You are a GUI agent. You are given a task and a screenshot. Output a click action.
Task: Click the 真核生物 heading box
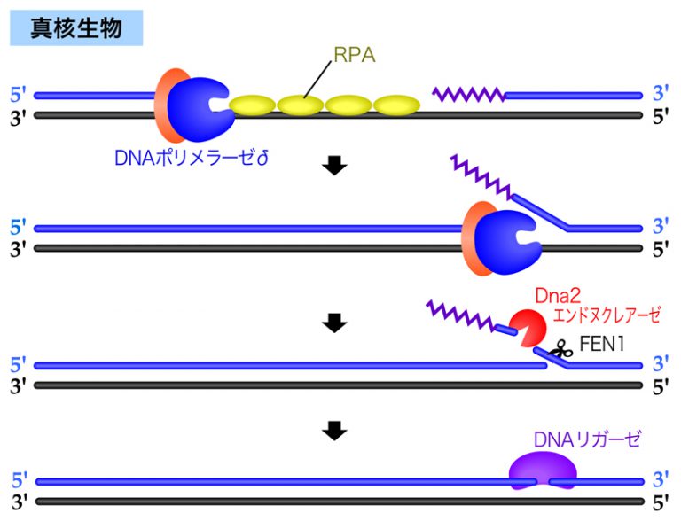[75, 29]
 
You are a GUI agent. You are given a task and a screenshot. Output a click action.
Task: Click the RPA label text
[355, 56]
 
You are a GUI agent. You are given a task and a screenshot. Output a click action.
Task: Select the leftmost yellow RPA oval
[253, 105]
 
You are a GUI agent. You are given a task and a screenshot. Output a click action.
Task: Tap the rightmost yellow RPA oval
[396, 105]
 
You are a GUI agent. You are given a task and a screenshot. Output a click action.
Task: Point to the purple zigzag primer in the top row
[468, 93]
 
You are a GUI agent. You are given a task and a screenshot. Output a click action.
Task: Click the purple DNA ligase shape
[542, 470]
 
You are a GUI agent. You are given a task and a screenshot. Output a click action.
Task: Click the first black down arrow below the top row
[334, 167]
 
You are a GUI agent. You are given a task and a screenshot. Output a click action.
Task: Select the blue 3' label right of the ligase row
[661, 481]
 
